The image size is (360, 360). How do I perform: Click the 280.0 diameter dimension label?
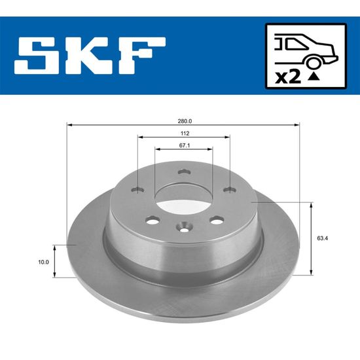(185, 121)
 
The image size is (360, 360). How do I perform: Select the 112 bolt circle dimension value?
(185, 134)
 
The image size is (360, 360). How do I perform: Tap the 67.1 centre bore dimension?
(185, 145)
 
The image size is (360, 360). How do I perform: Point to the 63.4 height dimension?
(322, 238)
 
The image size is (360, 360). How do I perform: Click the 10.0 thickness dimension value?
(43, 262)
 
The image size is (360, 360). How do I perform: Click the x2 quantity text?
(288, 77)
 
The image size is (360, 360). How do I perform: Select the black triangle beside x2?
(314, 77)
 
